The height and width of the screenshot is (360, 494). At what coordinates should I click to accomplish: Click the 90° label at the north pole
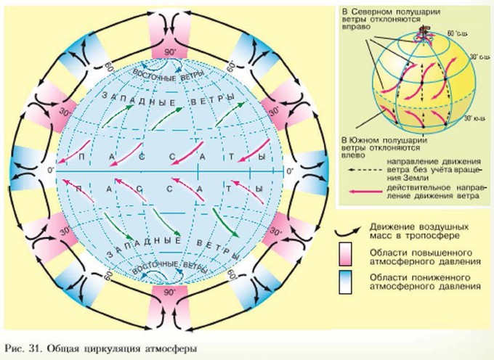(169, 52)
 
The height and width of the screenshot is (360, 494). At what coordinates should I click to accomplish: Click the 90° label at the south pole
(169, 292)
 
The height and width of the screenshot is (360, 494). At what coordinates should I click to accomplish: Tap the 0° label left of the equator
(50, 171)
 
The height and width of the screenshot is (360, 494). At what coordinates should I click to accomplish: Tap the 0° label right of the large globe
(289, 171)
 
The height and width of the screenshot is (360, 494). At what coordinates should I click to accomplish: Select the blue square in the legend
(345, 281)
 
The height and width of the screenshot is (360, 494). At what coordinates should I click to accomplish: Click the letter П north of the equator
(82, 157)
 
